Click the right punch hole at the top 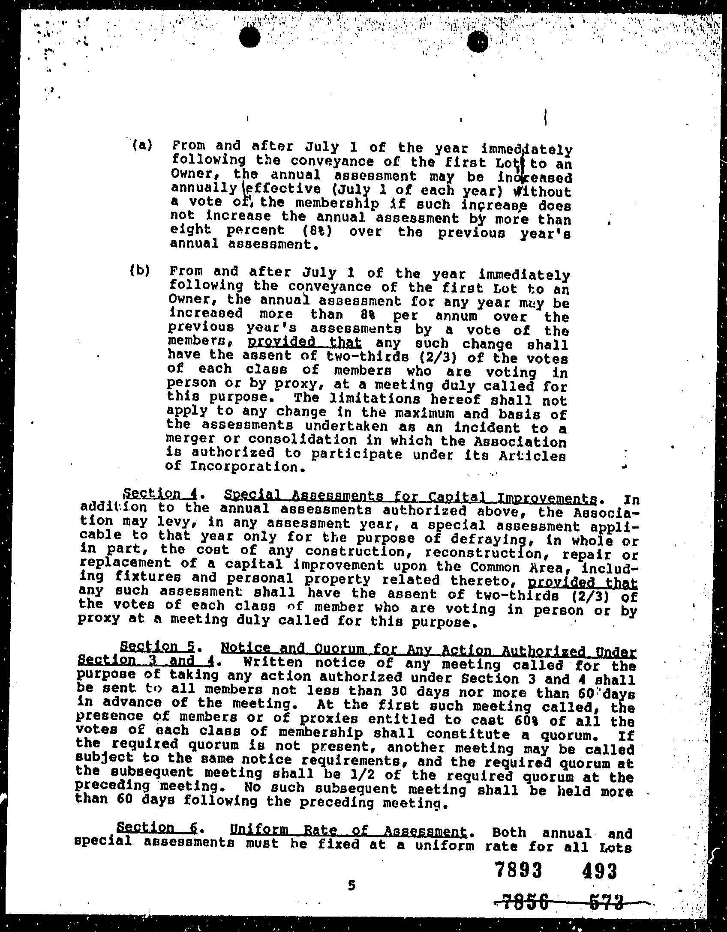[x=478, y=42]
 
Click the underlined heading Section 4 [x=159, y=494]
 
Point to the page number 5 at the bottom [x=352, y=885]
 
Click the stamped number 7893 [x=518, y=870]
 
